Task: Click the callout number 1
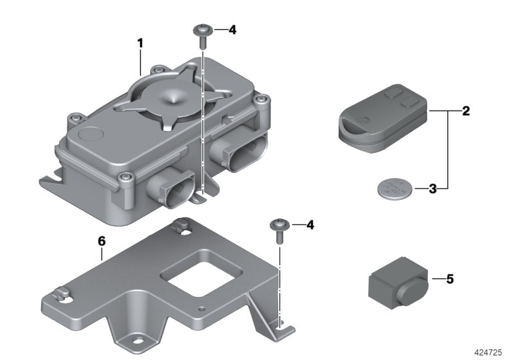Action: pos(139,44)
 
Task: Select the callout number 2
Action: pos(466,111)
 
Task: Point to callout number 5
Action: pos(450,279)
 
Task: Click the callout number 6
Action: pos(101,240)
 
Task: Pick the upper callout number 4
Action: pos(233,30)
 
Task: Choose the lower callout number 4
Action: pos(310,225)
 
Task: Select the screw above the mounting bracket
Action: pos(280,229)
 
